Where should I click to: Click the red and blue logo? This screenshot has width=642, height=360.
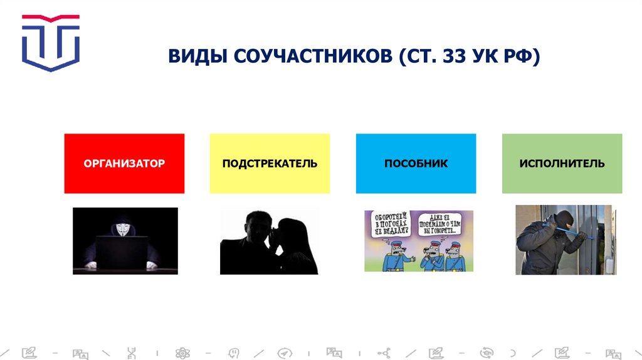(x=51, y=42)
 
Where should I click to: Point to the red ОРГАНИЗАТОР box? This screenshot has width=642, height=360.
(x=124, y=164)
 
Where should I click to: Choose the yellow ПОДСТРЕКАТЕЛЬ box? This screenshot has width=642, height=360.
(x=270, y=164)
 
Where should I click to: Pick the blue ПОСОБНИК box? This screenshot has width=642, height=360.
(x=416, y=164)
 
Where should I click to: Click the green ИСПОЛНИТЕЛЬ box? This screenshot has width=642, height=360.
(x=562, y=164)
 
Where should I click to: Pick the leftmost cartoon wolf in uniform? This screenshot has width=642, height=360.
(x=394, y=257)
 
